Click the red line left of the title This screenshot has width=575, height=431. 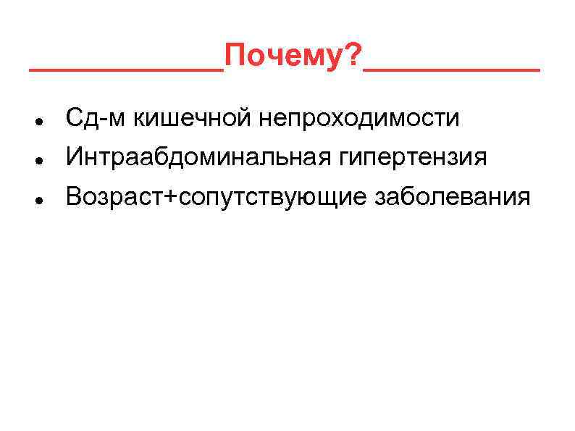point(126,70)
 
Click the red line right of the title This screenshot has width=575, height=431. point(453,70)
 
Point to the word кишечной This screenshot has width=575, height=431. point(182,117)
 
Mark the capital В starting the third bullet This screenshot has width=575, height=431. point(73,196)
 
